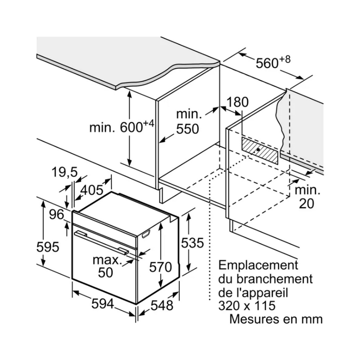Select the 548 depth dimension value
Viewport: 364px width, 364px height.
pos(161,305)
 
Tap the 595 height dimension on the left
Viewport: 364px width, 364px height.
pos(47,247)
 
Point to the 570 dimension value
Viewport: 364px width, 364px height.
pos(160,267)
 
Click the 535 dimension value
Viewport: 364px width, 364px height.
pos(192,243)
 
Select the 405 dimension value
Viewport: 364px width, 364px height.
pos(92,190)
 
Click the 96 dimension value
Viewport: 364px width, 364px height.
pos(57,215)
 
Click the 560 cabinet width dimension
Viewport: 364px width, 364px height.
pos(267,63)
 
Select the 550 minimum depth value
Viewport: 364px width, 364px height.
pos(187,129)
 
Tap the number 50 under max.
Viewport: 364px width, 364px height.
pos(105,272)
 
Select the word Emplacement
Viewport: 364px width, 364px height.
pos(258,265)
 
